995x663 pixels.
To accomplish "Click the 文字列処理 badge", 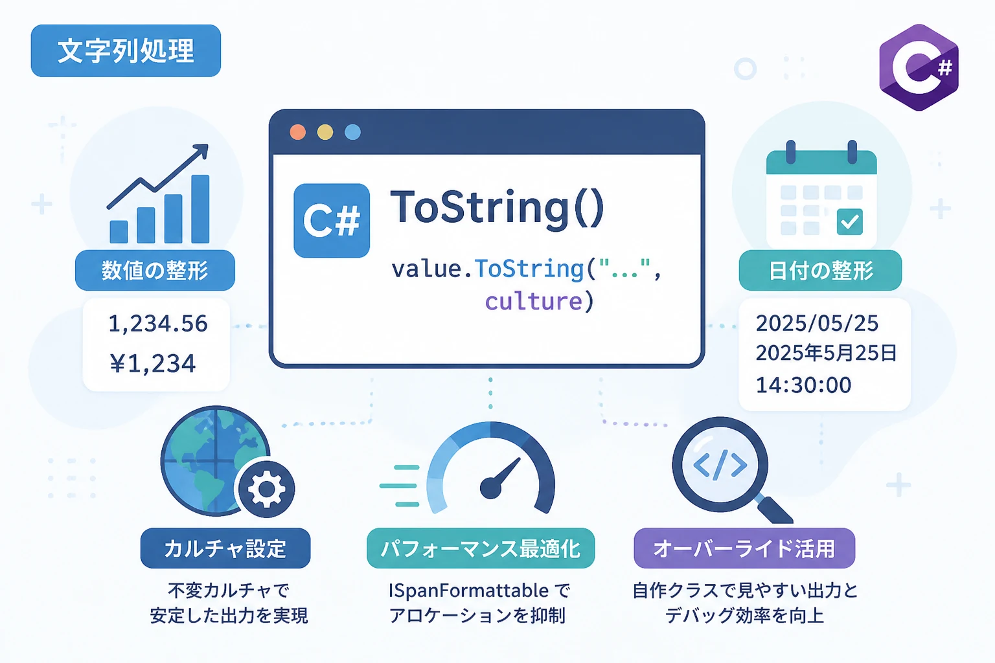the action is click(126, 51).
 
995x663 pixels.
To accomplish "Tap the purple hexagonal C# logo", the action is click(919, 67).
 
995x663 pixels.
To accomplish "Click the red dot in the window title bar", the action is click(297, 132).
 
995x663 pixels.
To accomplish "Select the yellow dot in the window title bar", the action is click(325, 132).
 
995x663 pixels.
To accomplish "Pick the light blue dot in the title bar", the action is click(352, 132).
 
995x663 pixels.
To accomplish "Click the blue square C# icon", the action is click(332, 221).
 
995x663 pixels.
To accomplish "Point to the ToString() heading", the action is click(497, 208).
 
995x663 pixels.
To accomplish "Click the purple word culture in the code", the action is click(534, 302).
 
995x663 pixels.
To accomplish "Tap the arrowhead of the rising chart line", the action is click(202, 150).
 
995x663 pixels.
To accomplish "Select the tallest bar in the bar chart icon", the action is click(200, 209).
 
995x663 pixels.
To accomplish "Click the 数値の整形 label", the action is click(155, 271).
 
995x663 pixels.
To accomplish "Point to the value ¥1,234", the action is click(153, 363).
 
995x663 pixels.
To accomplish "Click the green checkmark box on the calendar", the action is click(850, 221).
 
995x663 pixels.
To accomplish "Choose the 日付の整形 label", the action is click(821, 271).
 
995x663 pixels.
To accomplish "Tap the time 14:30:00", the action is click(803, 385).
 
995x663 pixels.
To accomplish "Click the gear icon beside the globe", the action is click(266, 489).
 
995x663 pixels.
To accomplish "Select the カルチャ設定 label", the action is click(225, 548).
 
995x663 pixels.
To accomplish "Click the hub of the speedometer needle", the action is click(491, 488).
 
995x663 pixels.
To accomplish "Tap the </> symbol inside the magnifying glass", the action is click(720, 465).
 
